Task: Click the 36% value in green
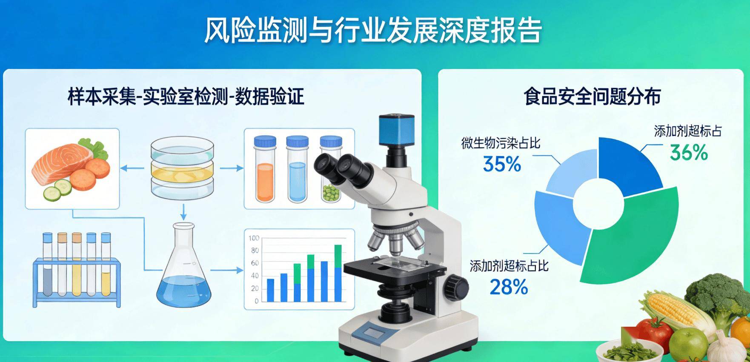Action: click(689, 152)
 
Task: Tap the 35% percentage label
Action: click(502, 164)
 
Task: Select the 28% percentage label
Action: click(509, 287)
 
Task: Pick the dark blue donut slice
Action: click(626, 164)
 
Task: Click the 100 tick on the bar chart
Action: click(254, 238)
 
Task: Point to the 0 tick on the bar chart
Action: click(256, 301)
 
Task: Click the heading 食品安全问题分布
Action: click(592, 97)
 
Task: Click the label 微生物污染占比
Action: click(501, 143)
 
